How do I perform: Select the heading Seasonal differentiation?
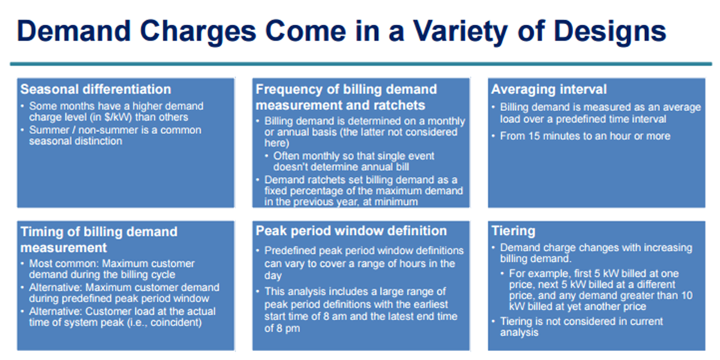point(95,89)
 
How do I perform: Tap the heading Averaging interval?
point(548,89)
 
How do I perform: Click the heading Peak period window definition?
point(351,230)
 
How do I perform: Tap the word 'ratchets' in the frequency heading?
point(397,105)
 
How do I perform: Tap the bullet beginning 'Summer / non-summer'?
point(112,136)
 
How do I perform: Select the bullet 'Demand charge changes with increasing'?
point(592,253)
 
